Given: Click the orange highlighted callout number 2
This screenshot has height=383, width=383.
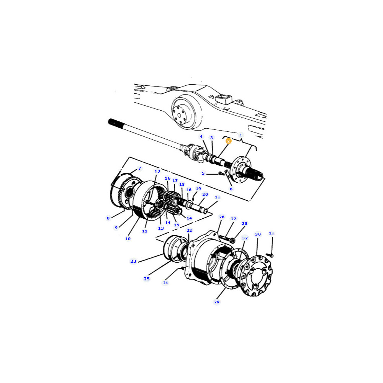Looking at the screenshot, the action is pos(228,141).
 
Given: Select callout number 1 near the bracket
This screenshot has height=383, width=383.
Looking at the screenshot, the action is pos(241,135).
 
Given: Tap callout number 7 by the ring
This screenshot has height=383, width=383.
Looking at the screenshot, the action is pos(140,168).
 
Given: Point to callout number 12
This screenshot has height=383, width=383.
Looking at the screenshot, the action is pos(157,172).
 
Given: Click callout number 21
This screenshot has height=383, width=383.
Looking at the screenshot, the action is pos(218,198).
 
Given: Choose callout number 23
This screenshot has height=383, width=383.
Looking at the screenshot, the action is pos(133,261).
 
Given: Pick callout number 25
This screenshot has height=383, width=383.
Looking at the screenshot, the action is pos(147,279).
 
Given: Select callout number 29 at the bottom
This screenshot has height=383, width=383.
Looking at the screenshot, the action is pos(217,302).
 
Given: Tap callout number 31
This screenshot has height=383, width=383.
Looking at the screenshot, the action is pos(272,234).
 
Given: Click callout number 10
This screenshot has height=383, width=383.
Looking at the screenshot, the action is pos(128,239).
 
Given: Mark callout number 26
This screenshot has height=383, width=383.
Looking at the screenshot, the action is pos(221,217).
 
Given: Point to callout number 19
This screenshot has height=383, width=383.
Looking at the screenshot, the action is pos(198,188).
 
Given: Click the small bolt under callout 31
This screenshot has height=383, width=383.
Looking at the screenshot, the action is pos(270,255).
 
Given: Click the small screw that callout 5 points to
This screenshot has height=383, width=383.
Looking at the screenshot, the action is pos(221,173).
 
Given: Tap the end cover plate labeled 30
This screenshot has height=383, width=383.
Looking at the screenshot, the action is pos(256,276).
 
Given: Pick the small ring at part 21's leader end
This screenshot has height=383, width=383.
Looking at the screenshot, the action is pos(205,211).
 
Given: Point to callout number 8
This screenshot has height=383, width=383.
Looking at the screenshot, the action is pos(108,218).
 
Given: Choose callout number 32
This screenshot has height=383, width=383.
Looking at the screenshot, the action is pos(245,238).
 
